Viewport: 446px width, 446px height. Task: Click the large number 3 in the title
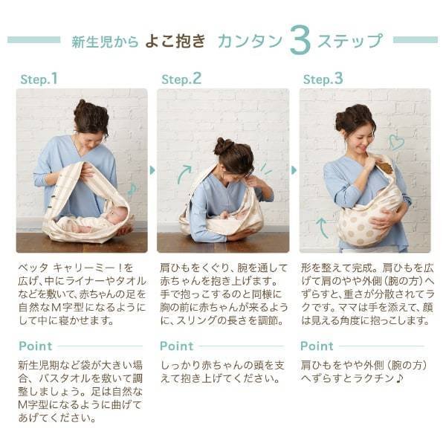[x=300, y=40]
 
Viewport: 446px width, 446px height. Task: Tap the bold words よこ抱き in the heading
[x=175, y=41]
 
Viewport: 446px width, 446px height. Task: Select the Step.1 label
[x=39, y=79]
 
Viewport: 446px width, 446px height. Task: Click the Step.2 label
[x=181, y=79]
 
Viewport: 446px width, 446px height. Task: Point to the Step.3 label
[x=323, y=79]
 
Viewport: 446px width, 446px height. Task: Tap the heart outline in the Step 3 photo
[x=396, y=142]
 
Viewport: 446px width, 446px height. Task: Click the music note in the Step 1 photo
[x=132, y=190]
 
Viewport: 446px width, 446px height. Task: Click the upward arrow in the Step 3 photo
[x=322, y=227]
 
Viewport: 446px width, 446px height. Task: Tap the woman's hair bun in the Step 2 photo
[x=223, y=146]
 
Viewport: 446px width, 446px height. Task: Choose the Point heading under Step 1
[x=36, y=346]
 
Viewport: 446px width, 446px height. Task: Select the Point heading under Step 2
[x=177, y=346]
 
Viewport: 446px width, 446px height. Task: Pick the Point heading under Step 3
[x=317, y=346]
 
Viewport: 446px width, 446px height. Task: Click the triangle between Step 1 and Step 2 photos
[x=152, y=170]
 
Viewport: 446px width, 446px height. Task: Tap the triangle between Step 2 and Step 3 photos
[x=294, y=170]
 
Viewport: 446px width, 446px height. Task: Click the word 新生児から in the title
[x=105, y=42]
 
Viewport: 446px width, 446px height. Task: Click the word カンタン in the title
[x=251, y=41]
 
